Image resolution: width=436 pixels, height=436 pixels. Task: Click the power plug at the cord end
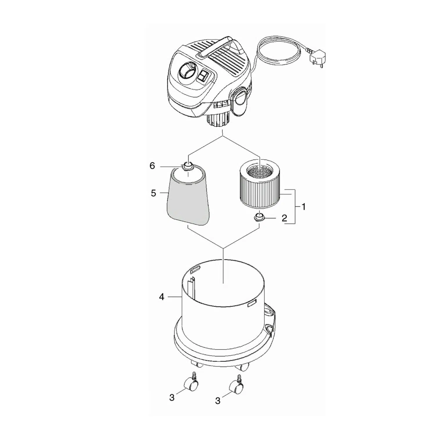pyautogui.click(x=313, y=58)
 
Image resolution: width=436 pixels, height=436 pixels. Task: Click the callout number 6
pyautogui.click(x=152, y=166)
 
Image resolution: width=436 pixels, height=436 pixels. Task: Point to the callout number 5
pyautogui.click(x=153, y=193)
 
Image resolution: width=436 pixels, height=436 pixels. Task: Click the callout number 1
pyautogui.click(x=303, y=207)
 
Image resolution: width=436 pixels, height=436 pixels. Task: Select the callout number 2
pyautogui.click(x=284, y=218)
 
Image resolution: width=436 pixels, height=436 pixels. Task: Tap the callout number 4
pyautogui.click(x=162, y=297)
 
